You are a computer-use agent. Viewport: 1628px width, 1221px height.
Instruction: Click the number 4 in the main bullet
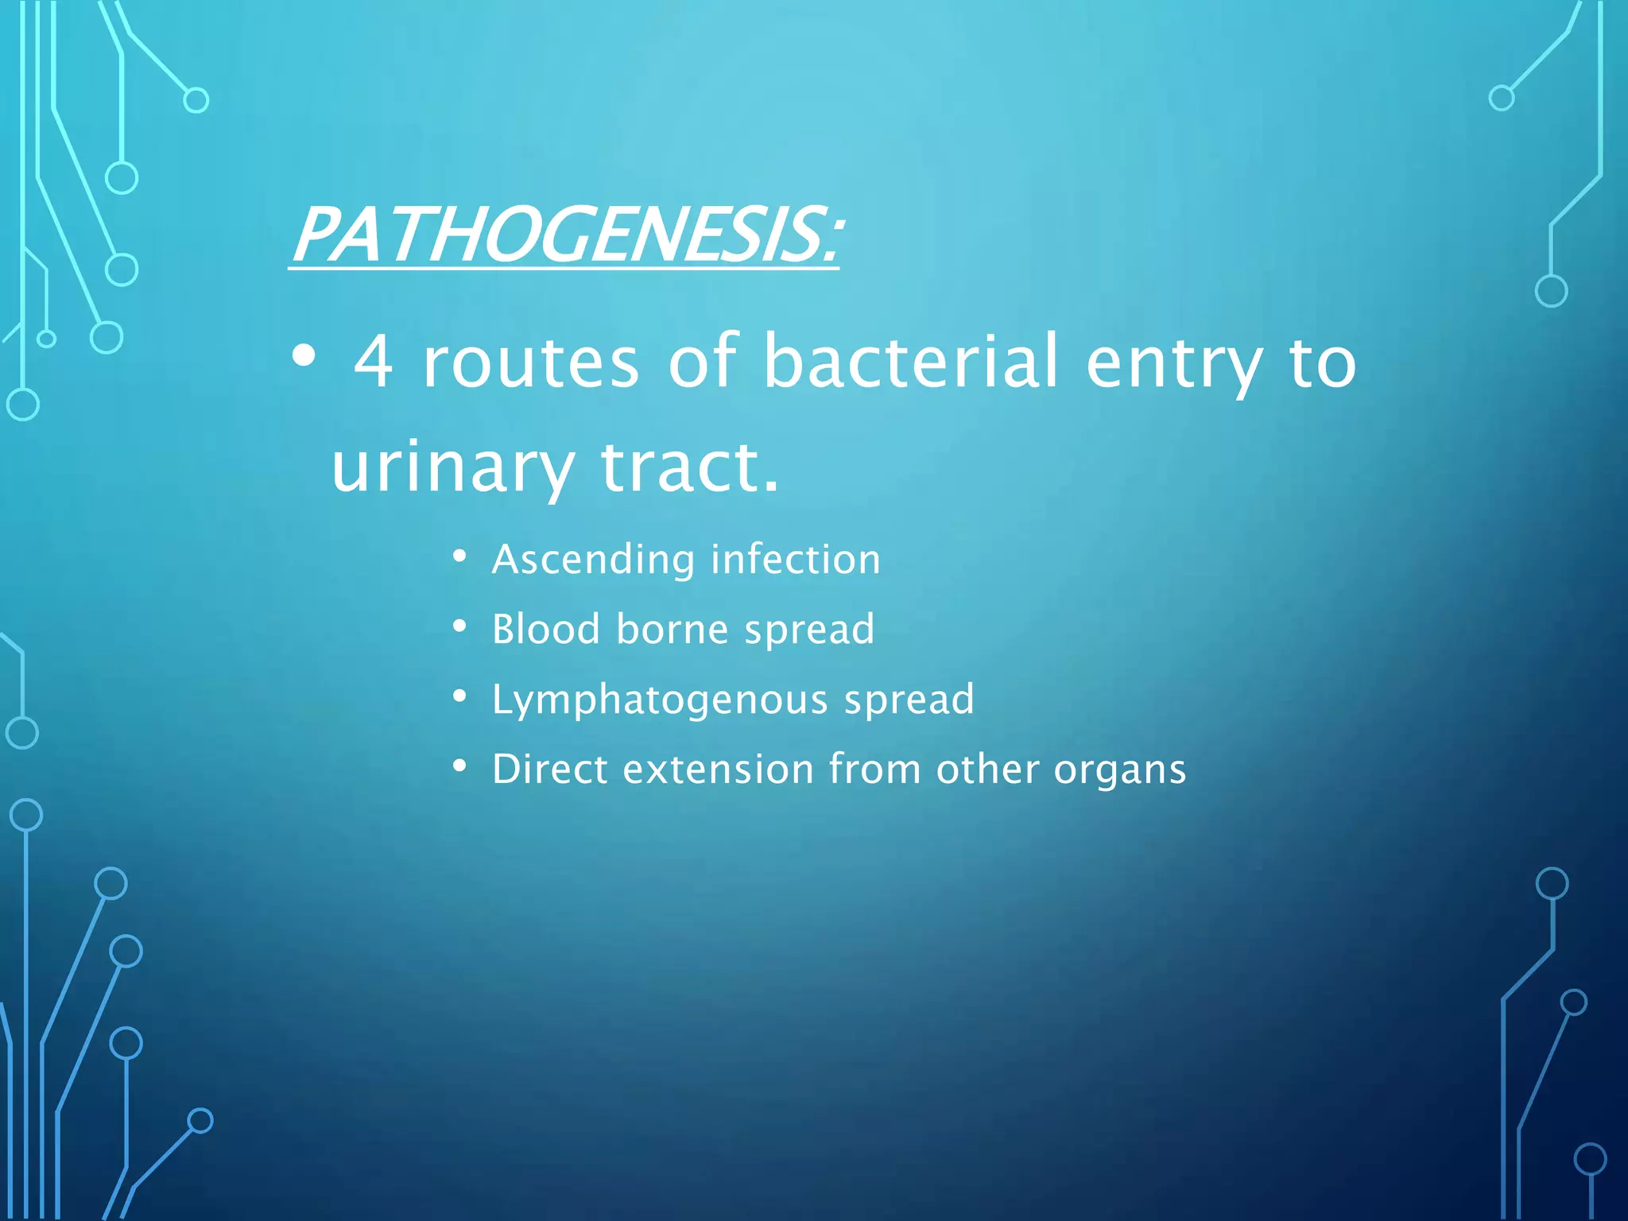pyautogui.click(x=374, y=362)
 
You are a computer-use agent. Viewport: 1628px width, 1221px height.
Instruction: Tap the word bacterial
pyautogui.click(x=911, y=362)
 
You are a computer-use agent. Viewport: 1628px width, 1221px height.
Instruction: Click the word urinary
pyautogui.click(x=452, y=467)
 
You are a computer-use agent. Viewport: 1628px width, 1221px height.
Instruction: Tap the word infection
pyautogui.click(x=796, y=559)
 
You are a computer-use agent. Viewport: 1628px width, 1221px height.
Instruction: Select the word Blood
pyautogui.click(x=545, y=630)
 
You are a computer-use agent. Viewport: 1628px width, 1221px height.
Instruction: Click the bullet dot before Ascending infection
pyautogui.click(x=459, y=556)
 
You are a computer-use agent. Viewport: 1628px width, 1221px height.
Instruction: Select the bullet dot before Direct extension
pyautogui.click(x=459, y=766)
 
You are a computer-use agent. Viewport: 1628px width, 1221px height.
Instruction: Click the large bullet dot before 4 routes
pyautogui.click(x=303, y=357)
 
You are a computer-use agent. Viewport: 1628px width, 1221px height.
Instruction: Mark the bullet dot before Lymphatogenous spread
pyautogui.click(x=459, y=696)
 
